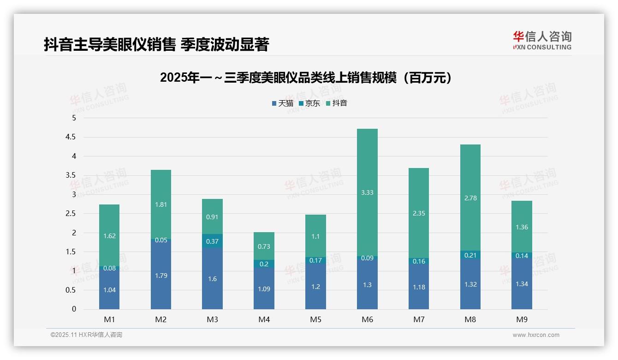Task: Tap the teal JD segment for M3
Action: (212, 241)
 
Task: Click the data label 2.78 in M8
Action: (470, 198)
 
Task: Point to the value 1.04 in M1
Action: (109, 290)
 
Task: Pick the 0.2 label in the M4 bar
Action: (264, 264)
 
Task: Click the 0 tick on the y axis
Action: (74, 309)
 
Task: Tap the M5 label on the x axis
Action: (315, 319)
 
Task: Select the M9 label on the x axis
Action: (522, 319)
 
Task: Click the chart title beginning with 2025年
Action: (306, 78)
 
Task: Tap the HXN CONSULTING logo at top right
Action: (542, 41)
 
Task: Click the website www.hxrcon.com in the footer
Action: (536, 335)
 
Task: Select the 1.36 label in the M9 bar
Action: (522, 227)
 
